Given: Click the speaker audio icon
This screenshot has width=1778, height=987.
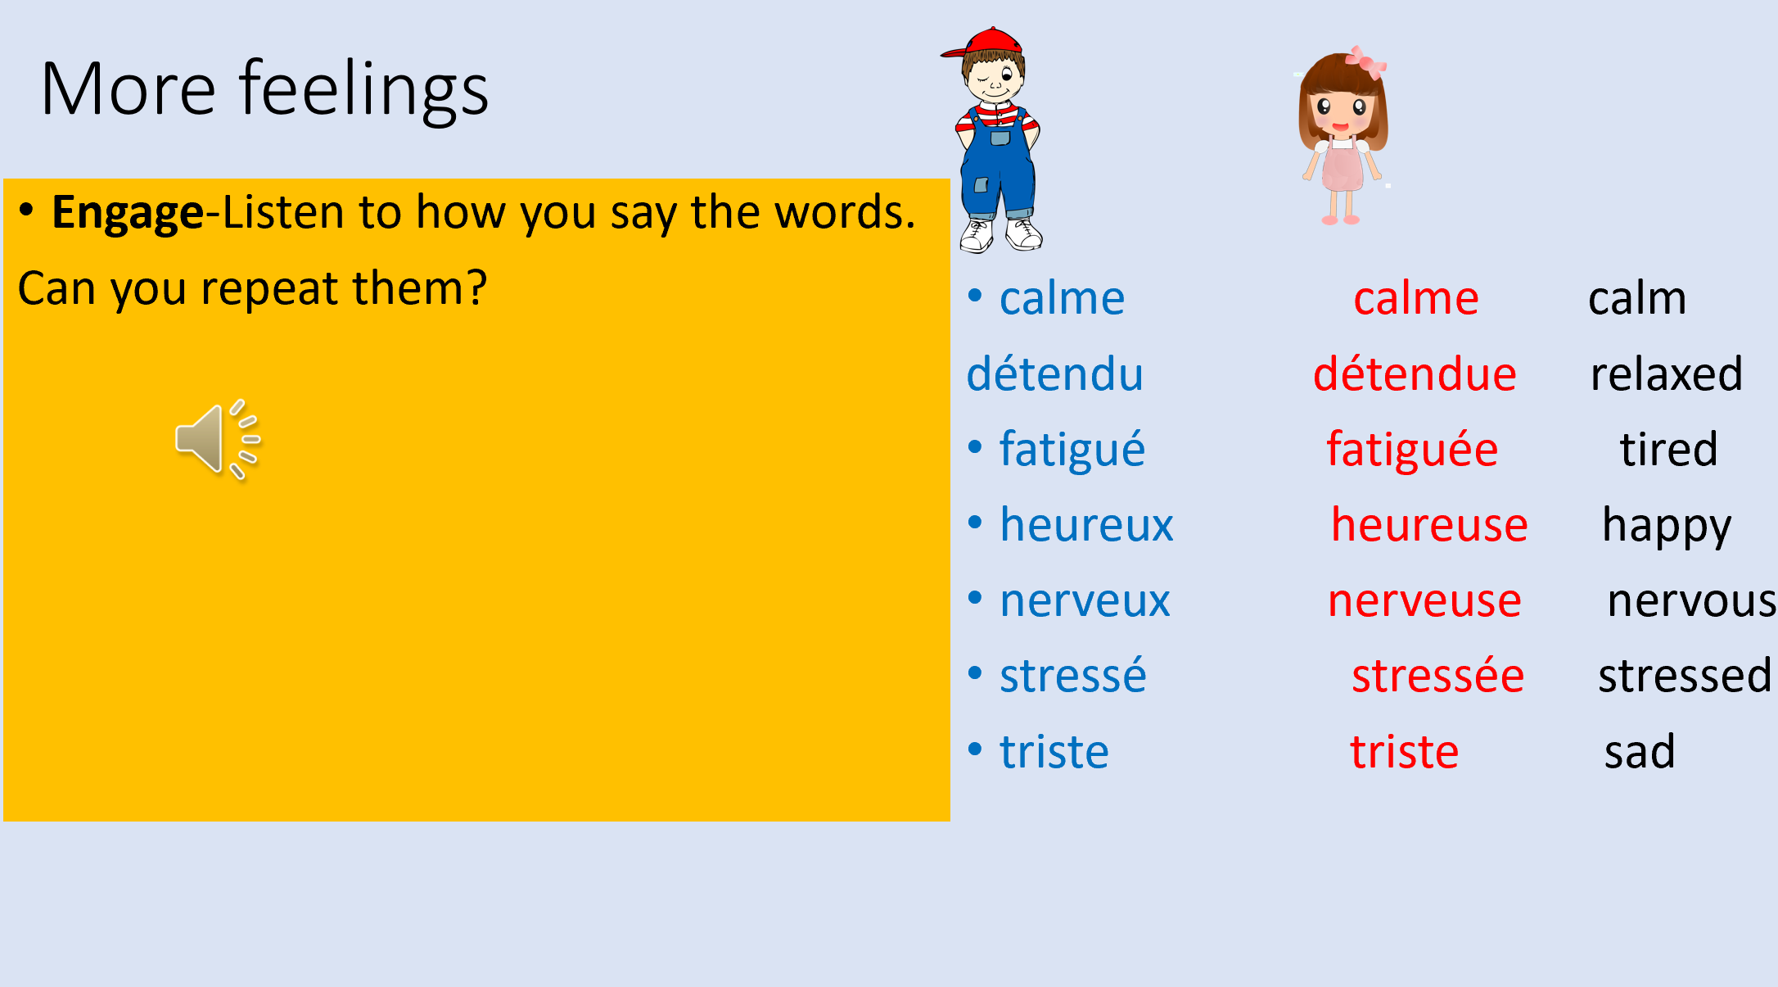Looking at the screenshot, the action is (218, 440).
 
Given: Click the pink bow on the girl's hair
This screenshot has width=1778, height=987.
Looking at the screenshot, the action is (1365, 61).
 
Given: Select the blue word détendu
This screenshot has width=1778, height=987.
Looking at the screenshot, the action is (1054, 374).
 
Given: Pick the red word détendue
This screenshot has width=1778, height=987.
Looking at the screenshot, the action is (1415, 374).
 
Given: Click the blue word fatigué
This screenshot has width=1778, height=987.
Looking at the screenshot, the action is (1072, 450).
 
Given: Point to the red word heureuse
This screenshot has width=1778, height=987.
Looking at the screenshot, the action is (1429, 525).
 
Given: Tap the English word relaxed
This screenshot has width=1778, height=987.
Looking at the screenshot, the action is (1666, 374).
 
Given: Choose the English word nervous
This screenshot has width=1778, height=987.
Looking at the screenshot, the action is (1691, 601).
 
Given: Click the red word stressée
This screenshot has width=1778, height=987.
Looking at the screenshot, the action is (1437, 676).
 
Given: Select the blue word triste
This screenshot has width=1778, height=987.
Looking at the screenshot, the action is (1054, 752).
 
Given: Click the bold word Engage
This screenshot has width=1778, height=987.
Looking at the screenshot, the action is (128, 214).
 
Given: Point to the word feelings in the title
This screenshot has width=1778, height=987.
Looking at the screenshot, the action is (364, 90).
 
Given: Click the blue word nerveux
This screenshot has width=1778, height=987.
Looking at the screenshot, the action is (1085, 601).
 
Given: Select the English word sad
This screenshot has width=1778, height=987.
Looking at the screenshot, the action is (1640, 752).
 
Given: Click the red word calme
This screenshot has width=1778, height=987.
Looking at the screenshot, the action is (1416, 298).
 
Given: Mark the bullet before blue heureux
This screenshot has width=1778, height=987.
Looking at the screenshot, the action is (975, 523).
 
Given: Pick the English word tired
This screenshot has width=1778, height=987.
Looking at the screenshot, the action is (1668, 450).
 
